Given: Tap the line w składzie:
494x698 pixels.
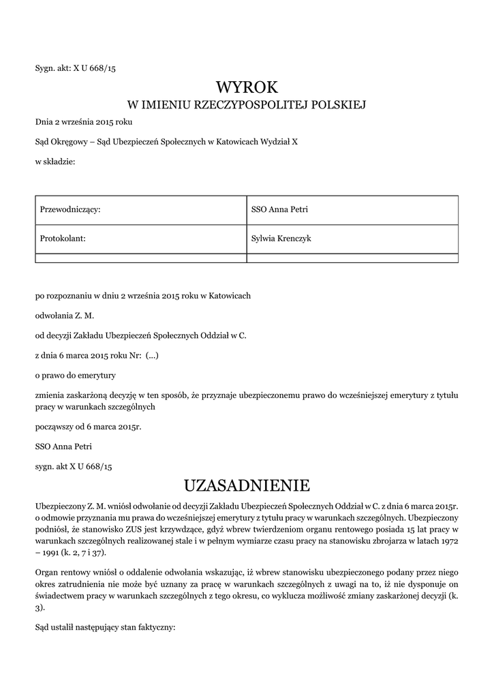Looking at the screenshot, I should (x=55, y=161).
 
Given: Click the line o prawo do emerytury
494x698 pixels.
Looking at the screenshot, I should (x=76, y=375).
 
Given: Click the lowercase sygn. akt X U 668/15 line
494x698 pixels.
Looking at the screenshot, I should (x=73, y=466).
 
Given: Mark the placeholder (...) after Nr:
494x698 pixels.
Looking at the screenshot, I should (x=152, y=355).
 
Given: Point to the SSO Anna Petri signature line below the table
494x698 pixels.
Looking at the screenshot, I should (x=63, y=446).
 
